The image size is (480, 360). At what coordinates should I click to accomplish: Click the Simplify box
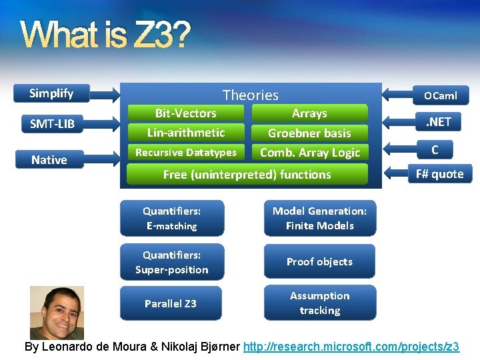pos(52,93)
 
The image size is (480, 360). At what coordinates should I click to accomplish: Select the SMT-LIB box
pos(52,123)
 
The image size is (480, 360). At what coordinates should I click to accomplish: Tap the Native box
pos(49,160)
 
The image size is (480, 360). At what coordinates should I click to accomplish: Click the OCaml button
pos(441,95)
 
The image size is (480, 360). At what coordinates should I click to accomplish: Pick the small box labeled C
pos(434,150)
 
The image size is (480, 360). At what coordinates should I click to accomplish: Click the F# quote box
pos(439,174)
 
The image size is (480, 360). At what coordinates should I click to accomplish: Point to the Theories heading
pos(250,95)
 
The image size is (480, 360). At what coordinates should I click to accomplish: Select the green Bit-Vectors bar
pos(186,113)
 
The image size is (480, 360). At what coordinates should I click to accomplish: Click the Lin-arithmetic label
pos(186,133)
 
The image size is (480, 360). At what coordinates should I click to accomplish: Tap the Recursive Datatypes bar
pos(186,153)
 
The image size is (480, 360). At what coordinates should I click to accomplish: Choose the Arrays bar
pos(309,113)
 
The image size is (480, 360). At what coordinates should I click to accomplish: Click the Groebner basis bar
pos(309,133)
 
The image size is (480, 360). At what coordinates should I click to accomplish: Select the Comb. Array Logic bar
pos(309,153)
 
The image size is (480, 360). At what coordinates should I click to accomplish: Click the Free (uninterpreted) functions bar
pos(247,175)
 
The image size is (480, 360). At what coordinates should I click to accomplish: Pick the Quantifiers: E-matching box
pos(172,218)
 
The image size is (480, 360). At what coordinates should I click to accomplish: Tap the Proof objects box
pos(319,261)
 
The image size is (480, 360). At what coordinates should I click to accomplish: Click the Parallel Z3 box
pos(171,303)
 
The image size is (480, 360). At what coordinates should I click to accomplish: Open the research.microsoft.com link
pos(351,347)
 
